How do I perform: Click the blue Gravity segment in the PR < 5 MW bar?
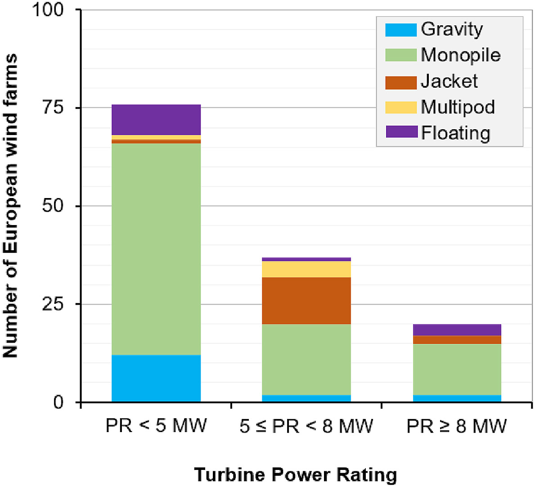pos(156,378)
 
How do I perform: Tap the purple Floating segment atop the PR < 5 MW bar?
pos(156,120)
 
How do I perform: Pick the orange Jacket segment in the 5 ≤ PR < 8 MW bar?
pos(306,301)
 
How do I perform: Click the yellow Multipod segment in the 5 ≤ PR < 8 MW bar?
pos(306,269)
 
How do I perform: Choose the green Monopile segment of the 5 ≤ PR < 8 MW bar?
pos(306,359)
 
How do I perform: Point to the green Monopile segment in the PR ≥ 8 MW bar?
pos(456,369)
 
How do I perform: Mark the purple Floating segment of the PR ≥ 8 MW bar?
pos(456,329)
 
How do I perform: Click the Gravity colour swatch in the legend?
pos(401,30)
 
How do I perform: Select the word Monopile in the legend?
pos(461,55)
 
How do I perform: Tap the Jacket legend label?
pos(449,81)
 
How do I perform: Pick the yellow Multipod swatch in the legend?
pos(401,107)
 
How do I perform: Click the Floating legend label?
pos(455,133)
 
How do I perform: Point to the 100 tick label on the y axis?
pos(47,10)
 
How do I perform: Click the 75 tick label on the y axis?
pos(53,108)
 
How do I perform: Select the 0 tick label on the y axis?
pos(58,402)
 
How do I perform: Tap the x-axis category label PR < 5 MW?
pos(156,426)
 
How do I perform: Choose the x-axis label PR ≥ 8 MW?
pos(456,426)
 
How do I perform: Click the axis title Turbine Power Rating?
pos(296,475)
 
